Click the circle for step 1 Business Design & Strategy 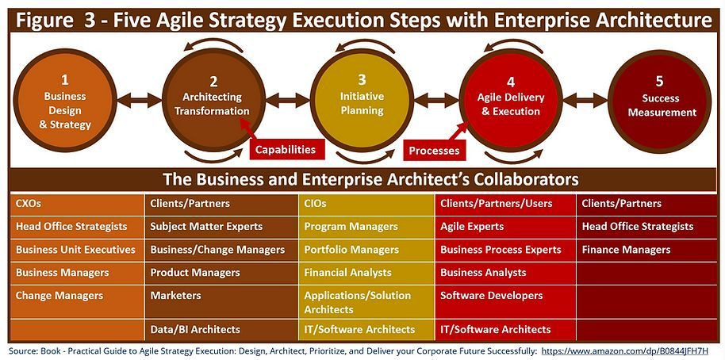click(65, 100)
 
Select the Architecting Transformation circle click(213, 100)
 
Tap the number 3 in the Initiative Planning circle click(362, 80)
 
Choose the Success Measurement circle click(659, 101)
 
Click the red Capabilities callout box click(286, 149)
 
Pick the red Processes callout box click(434, 150)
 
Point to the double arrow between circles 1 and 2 click(140, 101)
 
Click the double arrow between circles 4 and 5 click(585, 101)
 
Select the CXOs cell click(77, 204)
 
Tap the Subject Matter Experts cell click(221, 227)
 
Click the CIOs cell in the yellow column click(366, 204)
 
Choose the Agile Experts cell click(505, 227)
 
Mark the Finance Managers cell click(646, 250)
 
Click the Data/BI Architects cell click(221, 330)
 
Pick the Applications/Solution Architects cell click(366, 302)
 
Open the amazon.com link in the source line click(624, 350)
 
